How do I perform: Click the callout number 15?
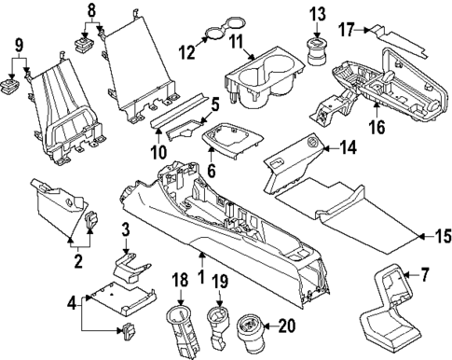(433, 236)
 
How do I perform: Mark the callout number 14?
(347, 145)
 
